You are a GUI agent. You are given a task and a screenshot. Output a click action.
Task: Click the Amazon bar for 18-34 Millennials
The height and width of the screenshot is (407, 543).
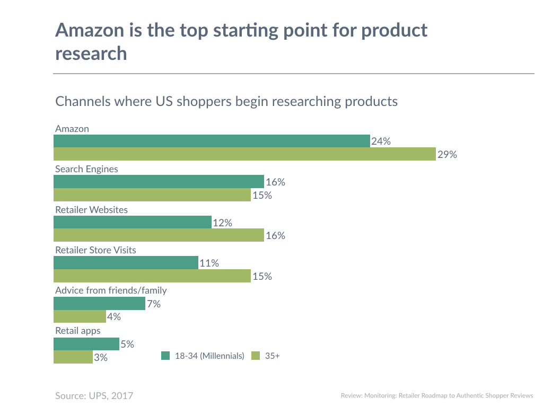coord(212,141)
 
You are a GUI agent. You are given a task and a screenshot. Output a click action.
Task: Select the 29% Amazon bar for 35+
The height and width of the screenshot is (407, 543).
coord(244,154)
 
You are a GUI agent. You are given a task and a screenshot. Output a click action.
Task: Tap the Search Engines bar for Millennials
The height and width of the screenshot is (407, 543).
coord(159,182)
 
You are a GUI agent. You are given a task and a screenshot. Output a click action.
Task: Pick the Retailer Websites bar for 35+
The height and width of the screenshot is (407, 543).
coord(159,235)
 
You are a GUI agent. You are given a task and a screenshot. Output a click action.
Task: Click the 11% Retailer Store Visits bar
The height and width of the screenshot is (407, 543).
coord(126,263)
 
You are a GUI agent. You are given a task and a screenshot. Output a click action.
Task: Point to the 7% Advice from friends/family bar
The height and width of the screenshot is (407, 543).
coord(99,304)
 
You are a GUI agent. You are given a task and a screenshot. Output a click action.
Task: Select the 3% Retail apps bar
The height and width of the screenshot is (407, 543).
coord(73,357)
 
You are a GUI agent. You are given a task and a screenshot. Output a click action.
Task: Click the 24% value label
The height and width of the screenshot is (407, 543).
coord(381,141)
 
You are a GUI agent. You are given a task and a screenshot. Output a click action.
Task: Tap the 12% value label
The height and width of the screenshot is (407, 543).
coord(223,223)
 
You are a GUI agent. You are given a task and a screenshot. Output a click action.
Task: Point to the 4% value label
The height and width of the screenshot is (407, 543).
coord(114,317)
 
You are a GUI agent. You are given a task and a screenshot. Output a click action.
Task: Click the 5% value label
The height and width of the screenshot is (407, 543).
coord(127,344)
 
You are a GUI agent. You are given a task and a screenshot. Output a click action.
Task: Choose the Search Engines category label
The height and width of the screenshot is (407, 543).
coord(86,169)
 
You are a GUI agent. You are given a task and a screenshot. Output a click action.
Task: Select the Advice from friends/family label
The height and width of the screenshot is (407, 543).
coord(111,290)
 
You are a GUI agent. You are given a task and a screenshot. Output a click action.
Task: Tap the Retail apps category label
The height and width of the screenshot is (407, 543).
coord(78,331)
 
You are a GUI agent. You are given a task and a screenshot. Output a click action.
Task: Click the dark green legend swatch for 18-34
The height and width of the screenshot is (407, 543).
coord(165,356)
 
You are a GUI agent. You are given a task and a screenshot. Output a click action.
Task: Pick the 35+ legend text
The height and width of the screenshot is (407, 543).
coord(272,356)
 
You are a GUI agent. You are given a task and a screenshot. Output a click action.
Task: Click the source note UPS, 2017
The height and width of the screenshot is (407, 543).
coord(94,396)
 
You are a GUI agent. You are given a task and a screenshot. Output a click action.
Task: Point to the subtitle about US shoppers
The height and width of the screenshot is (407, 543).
coord(226,101)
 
